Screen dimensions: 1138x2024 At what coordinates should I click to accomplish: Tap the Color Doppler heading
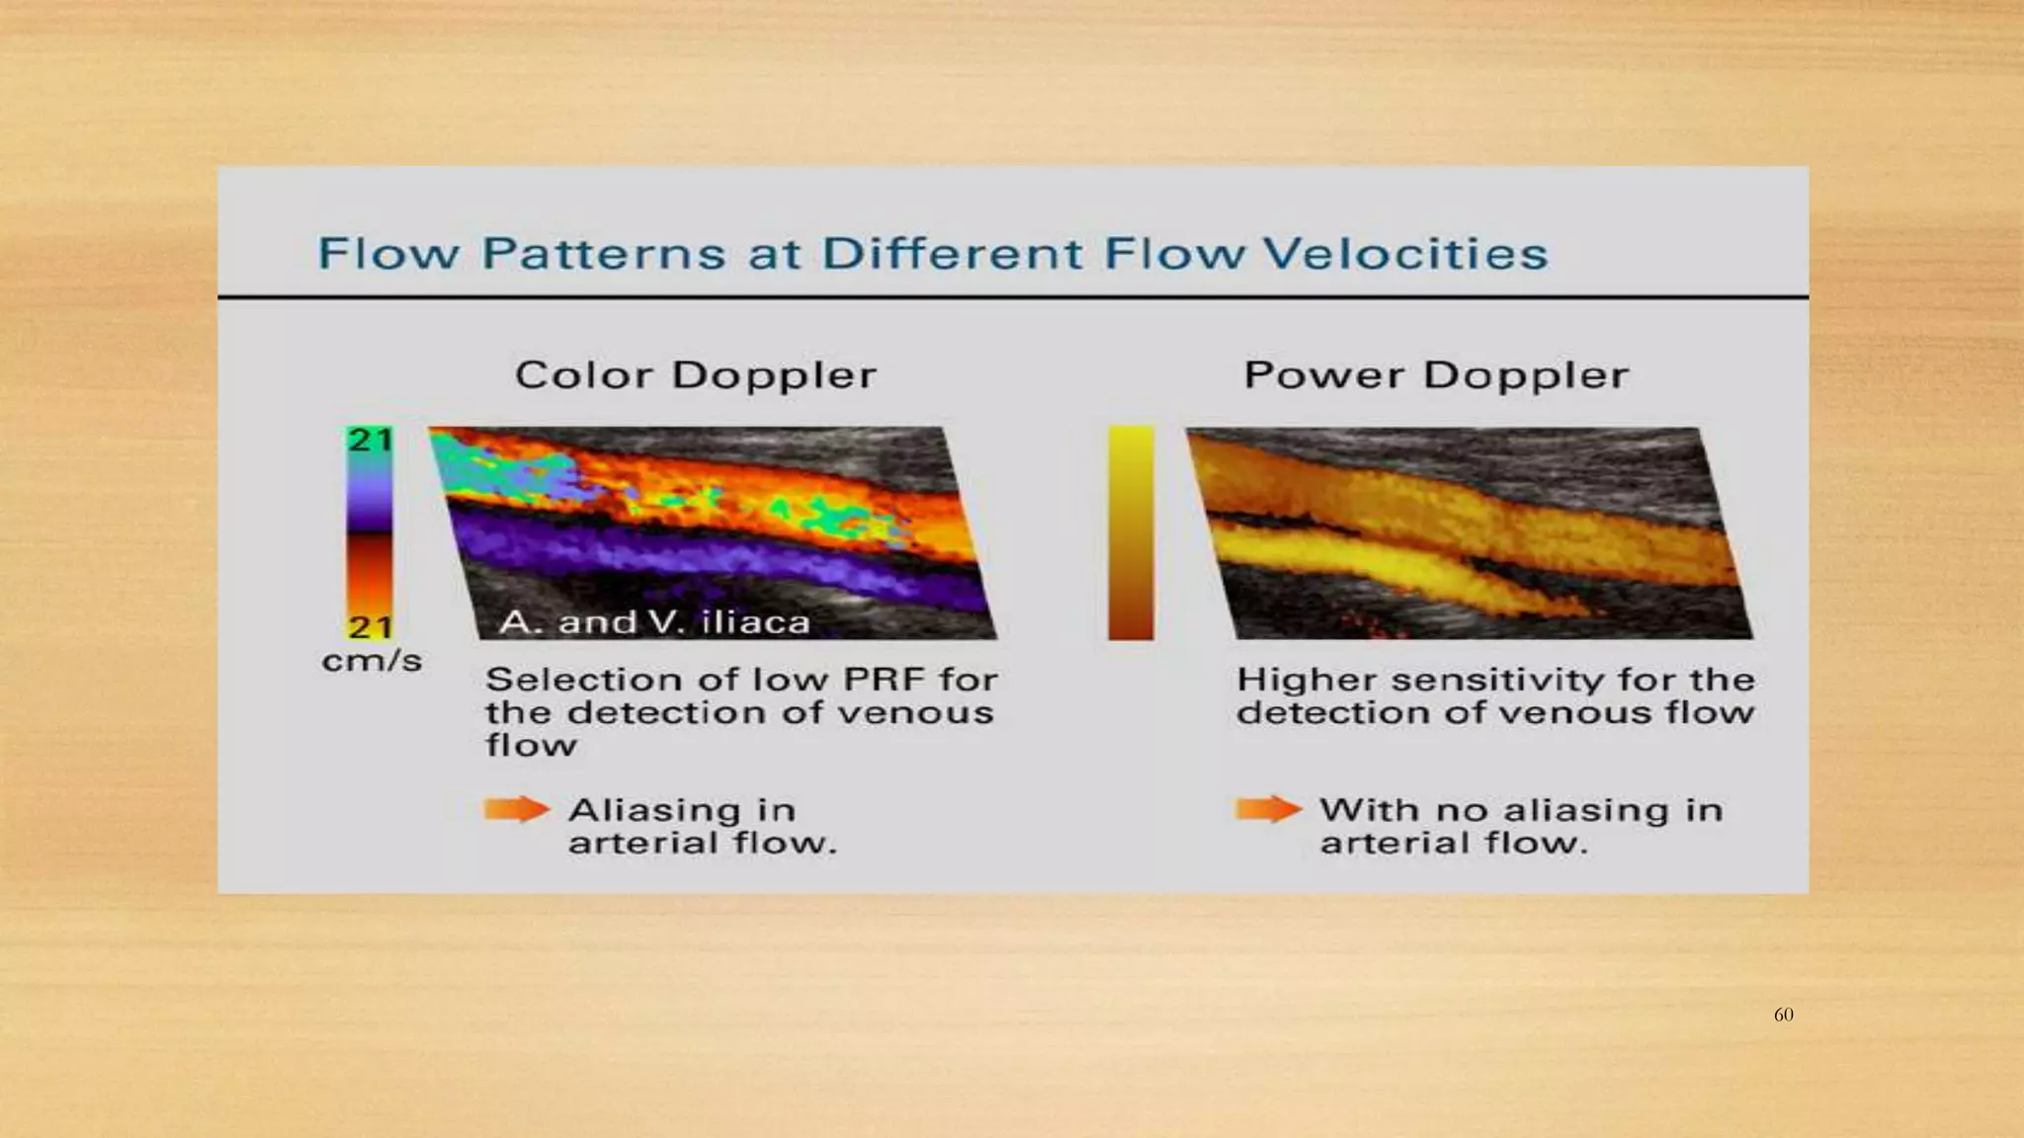[x=696, y=376]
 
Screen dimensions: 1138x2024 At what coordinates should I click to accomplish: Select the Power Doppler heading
[x=1436, y=376]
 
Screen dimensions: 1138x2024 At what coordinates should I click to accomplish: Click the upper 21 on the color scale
[x=370, y=440]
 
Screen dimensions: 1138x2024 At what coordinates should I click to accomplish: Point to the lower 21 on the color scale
[x=370, y=627]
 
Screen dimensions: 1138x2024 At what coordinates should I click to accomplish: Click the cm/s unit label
[x=372, y=661]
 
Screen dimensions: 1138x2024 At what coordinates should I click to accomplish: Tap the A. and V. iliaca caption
[x=654, y=622]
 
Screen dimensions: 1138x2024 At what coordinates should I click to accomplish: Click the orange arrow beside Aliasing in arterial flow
[x=516, y=810]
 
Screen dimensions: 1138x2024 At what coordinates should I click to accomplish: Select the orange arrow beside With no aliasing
[x=1268, y=810]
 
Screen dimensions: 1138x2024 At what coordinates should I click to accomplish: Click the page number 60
[x=1783, y=1015]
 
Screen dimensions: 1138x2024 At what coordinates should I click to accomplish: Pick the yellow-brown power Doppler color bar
[x=1131, y=533]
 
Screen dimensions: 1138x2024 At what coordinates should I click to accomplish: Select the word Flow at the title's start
[x=388, y=254]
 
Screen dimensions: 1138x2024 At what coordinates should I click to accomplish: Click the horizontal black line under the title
[x=1013, y=296]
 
